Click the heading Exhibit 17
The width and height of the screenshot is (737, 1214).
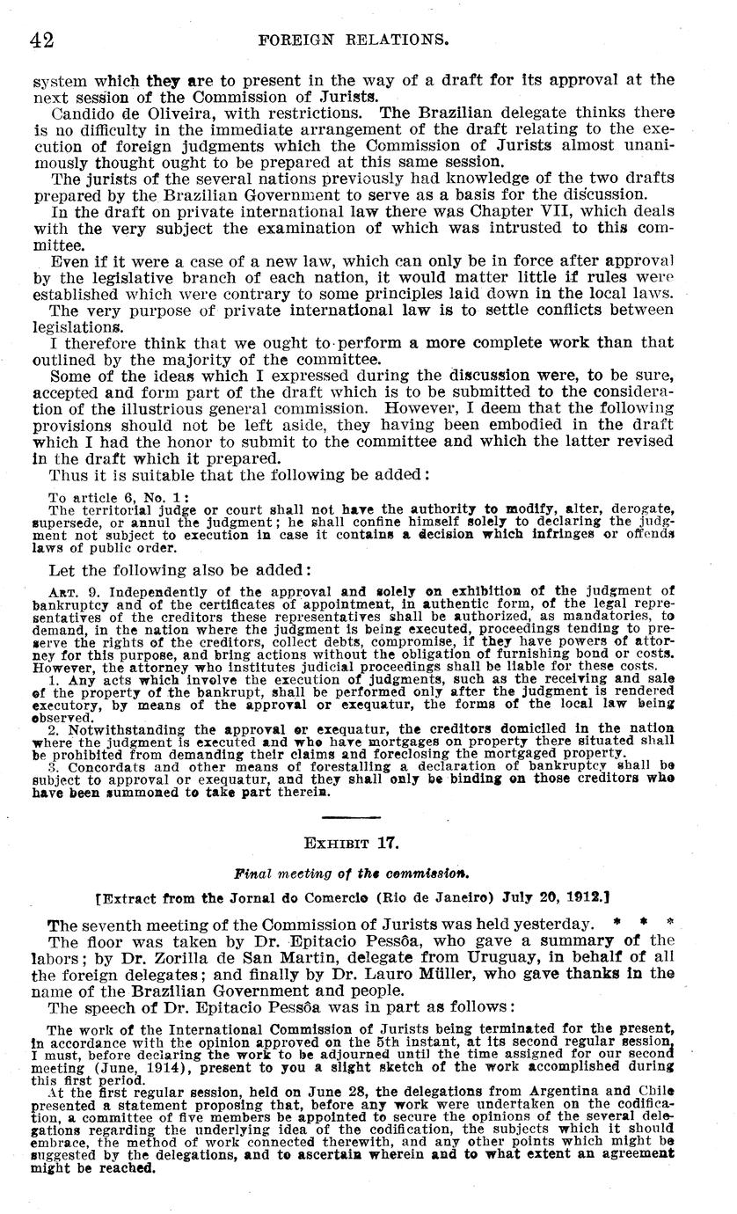tap(352, 843)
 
